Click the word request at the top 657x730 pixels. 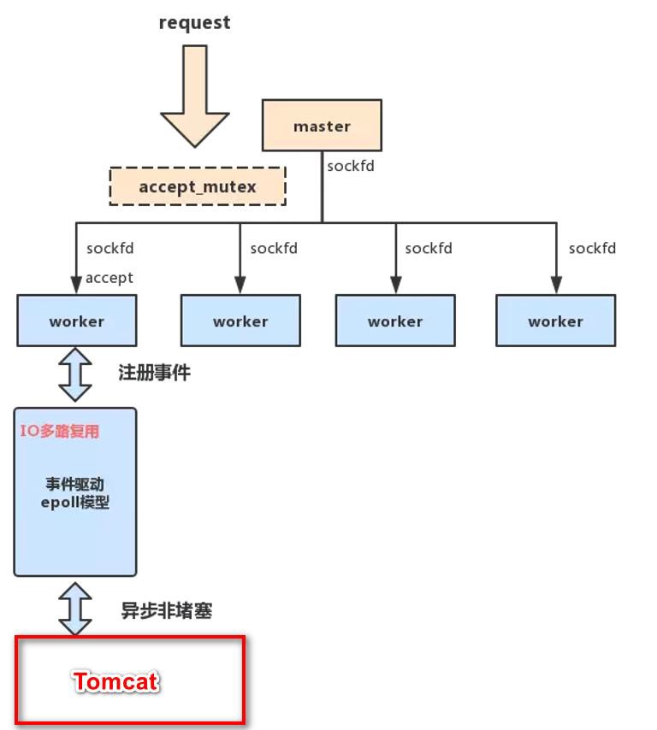point(194,23)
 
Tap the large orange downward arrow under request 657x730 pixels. point(195,98)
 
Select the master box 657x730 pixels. point(322,127)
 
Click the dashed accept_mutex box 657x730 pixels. point(198,186)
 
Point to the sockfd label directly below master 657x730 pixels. point(351,167)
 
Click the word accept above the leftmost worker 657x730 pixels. point(109,277)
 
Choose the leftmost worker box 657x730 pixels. point(76,321)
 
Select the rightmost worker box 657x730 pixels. point(555,321)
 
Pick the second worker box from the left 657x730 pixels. point(240,321)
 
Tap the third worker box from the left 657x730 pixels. point(395,321)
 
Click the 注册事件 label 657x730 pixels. point(154,373)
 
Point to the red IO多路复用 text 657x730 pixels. point(60,431)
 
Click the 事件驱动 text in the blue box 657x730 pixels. point(75,485)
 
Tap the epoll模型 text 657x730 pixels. point(75,503)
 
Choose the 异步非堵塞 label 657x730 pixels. point(166,610)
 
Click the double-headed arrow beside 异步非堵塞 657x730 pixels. point(75,608)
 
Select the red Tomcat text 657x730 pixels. point(116,681)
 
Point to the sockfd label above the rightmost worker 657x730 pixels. point(592,249)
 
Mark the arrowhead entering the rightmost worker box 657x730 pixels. point(555,286)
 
